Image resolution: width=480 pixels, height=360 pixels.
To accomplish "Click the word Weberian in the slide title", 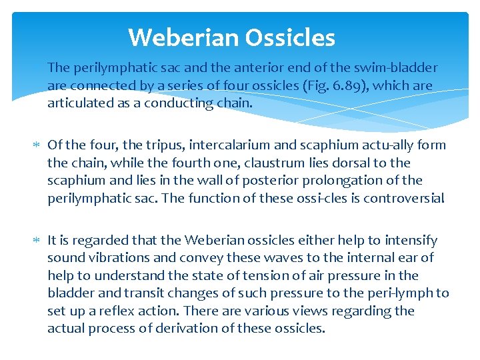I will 183,37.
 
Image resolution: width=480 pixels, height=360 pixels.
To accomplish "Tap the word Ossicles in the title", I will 290,37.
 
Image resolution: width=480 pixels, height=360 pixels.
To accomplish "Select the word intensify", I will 413,240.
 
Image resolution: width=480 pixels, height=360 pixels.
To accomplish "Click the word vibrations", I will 113,258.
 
